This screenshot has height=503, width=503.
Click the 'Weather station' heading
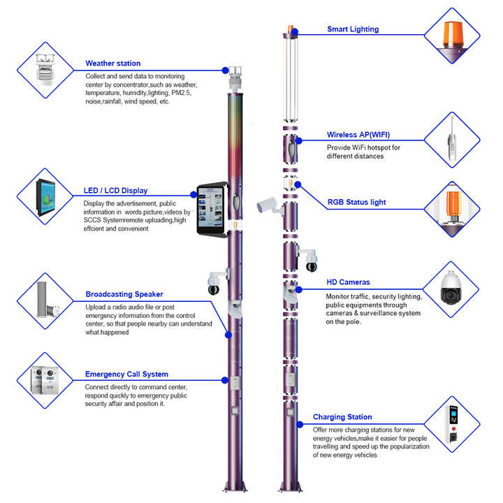[113, 64]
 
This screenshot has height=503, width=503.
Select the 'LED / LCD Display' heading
[115, 191]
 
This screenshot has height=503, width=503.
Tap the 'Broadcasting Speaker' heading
[124, 294]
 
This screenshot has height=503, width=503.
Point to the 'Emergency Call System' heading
[126, 374]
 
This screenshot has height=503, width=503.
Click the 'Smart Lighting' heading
[353, 29]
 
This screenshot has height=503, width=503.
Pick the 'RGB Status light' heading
[356, 203]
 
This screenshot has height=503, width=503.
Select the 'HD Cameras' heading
[348, 282]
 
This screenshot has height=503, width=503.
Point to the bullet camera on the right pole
[269, 205]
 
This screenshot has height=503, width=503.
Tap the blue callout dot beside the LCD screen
[192, 195]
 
